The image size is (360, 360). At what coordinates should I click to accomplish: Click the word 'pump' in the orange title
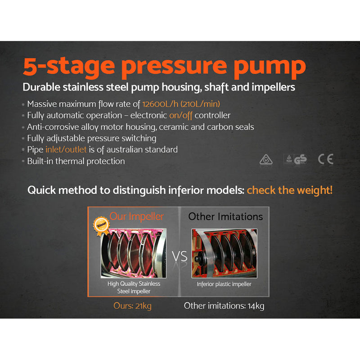point(276,66)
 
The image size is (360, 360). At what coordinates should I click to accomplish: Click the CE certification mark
point(325,159)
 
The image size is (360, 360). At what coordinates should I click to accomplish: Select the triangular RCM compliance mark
point(265,159)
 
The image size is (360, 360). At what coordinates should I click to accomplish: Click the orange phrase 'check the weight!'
point(290,190)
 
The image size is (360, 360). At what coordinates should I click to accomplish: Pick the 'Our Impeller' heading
point(137,216)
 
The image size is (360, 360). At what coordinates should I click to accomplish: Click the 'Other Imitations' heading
point(225,216)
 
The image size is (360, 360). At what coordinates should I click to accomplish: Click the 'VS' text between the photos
point(180,256)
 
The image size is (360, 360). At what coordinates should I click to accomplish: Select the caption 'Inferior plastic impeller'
point(224,284)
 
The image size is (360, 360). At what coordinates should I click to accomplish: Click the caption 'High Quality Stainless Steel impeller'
point(134,287)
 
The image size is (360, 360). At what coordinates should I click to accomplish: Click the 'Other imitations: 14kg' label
point(224,306)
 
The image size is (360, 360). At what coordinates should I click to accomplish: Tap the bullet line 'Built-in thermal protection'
point(76,161)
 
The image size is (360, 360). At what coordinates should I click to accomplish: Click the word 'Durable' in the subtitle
point(42,87)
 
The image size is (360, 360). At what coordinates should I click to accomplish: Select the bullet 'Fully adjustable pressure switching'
point(91,138)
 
